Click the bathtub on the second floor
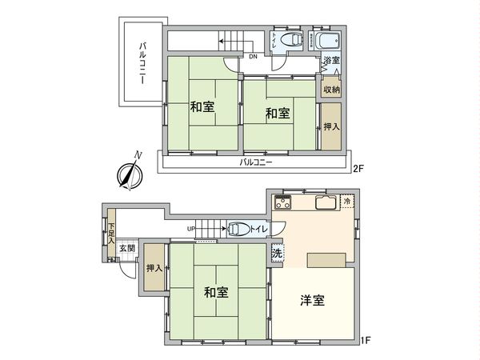coord(327,42)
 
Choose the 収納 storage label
coord(331,89)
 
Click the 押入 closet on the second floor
coord(331,126)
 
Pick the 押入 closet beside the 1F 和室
coord(154,269)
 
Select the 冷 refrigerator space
coord(346,202)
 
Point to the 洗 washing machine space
coord(276,254)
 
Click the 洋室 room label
coord(313,300)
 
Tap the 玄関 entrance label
coord(127,249)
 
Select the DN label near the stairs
coord(252,57)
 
